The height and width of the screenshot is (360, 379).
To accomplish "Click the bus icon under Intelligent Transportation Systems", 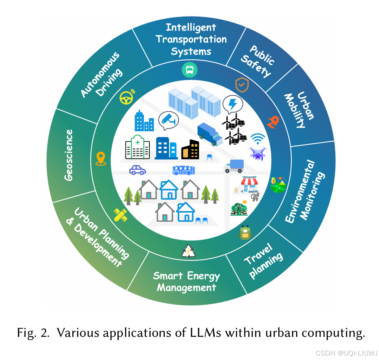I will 189,70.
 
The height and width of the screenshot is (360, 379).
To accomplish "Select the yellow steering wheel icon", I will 127,98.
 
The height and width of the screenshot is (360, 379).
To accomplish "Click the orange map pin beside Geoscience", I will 101,158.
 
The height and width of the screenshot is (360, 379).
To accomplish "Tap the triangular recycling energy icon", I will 188,252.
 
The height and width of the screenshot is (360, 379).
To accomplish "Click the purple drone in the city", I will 258,152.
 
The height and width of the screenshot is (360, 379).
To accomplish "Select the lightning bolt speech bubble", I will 232,105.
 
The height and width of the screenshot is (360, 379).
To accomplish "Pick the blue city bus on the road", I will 184,170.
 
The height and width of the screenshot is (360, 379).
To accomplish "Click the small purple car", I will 138,170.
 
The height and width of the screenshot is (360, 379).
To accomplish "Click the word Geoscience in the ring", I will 69,155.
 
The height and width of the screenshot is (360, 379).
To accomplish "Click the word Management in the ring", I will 186,288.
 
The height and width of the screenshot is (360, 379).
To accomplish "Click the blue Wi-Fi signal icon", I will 258,138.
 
